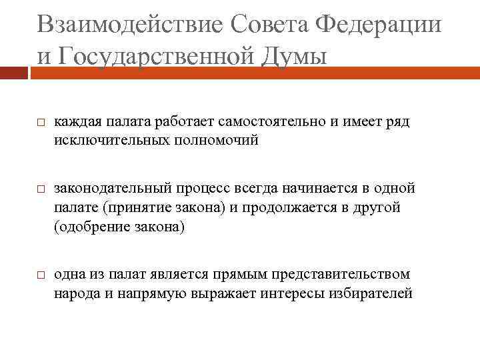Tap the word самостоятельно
click(267, 121)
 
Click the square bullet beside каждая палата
click(39, 123)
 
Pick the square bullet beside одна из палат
click(39, 275)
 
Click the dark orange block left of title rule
click(14, 70)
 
